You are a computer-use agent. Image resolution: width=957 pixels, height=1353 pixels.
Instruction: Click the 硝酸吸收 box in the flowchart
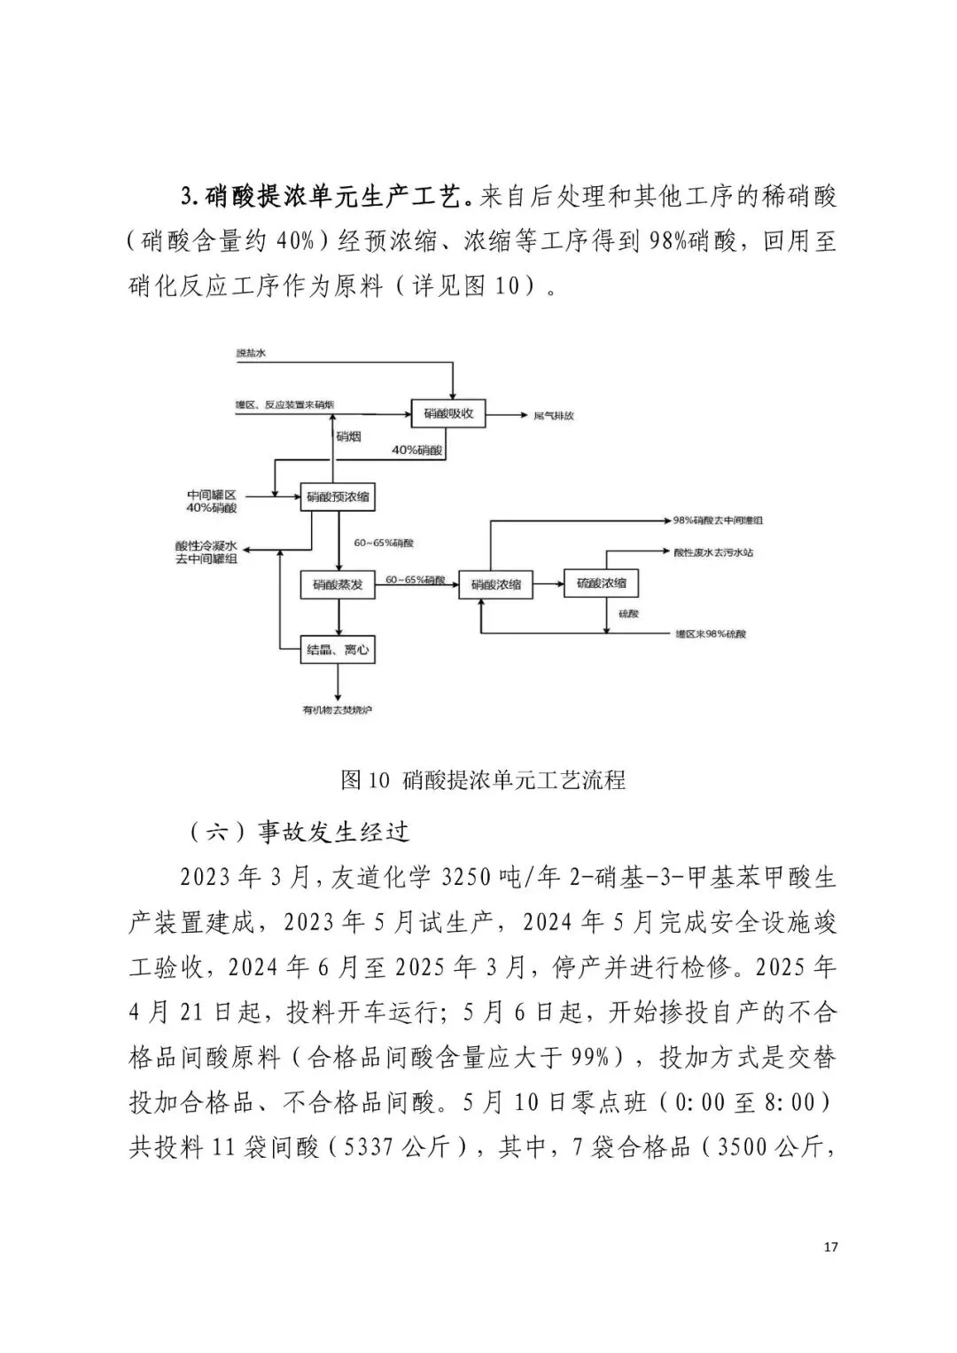tap(448, 413)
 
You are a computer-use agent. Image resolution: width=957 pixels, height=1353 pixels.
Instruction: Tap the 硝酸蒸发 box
tap(337, 584)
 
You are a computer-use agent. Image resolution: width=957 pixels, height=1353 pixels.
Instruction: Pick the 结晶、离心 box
tap(337, 650)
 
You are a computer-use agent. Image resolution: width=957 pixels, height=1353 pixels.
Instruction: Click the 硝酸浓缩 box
tap(496, 584)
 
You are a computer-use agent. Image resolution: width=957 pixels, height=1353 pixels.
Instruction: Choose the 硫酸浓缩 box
tap(602, 583)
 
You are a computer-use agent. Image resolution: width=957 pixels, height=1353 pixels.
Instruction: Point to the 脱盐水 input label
tap(251, 353)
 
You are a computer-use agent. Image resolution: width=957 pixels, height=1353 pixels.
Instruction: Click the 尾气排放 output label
tap(553, 415)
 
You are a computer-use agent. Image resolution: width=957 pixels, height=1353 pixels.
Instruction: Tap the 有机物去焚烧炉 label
tap(337, 710)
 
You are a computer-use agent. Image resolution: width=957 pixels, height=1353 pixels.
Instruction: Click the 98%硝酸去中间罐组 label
tap(718, 520)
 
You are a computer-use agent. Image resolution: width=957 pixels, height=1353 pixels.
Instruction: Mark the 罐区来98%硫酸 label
tap(711, 635)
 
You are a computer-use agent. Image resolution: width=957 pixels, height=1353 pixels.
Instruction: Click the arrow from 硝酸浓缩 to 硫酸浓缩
tap(549, 584)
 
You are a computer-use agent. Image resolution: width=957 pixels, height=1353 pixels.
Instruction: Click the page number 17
tap(830, 1247)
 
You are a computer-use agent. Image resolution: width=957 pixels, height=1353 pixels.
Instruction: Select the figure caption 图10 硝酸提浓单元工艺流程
tap(483, 779)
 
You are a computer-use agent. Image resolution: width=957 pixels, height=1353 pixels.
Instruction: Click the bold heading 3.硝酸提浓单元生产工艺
tap(324, 196)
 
